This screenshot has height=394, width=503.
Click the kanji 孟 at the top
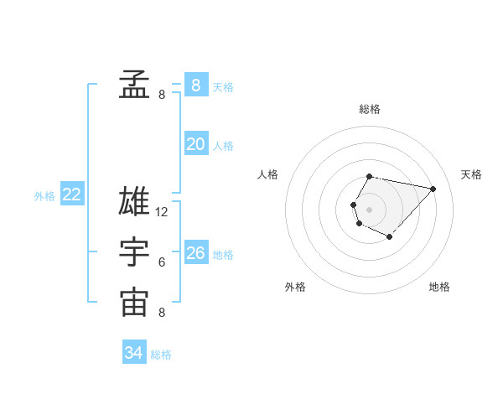tap(134, 84)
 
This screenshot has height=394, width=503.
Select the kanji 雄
tap(134, 202)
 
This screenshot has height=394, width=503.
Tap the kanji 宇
tap(134, 253)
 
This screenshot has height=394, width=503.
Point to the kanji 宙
tap(134, 303)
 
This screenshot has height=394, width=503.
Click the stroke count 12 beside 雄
tap(162, 212)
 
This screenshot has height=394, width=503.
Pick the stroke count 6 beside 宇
tap(162, 262)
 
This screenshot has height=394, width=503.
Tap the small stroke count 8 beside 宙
tap(162, 313)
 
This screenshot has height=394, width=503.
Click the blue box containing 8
tap(195, 85)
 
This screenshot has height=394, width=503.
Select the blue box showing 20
tap(195, 144)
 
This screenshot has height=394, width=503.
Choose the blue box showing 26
tap(195, 253)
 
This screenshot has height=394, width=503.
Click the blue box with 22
tap(71, 194)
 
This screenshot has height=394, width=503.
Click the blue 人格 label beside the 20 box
tap(223, 146)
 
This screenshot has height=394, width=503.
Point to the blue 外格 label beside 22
tap(44, 196)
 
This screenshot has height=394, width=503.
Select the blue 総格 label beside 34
tap(161, 355)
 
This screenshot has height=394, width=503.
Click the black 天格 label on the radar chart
tap(471, 174)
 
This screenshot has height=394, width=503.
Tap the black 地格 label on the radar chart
tap(439, 287)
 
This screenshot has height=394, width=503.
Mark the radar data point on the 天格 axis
tap(433, 189)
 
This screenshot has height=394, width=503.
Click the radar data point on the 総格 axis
tap(370, 177)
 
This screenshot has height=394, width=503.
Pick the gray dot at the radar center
tap(369, 209)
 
